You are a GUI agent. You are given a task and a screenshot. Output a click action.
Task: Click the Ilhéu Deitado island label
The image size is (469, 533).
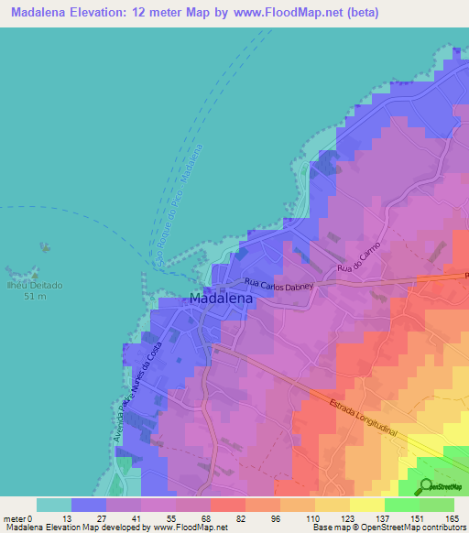(x=36, y=285)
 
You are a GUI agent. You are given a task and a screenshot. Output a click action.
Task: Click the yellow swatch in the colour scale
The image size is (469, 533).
(x=366, y=505)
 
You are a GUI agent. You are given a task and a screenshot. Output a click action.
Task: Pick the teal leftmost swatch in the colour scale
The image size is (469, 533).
(x=53, y=505)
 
